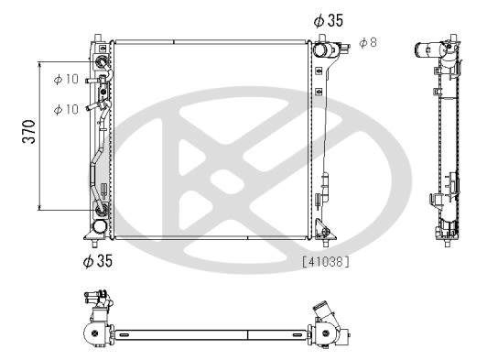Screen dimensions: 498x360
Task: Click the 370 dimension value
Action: pos(29,132)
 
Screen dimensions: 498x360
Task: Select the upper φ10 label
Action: pos(66,79)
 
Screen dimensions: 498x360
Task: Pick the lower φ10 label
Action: pos(66,109)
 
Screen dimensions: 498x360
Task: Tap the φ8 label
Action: pos(368,42)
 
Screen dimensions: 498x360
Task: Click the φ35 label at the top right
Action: pos(329,21)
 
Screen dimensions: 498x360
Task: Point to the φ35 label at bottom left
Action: pos(98,260)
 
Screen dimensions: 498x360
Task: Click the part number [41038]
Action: pos(326,262)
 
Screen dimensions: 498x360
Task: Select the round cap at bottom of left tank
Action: pos(100,226)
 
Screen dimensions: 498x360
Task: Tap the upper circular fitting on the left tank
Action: pos(102,61)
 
